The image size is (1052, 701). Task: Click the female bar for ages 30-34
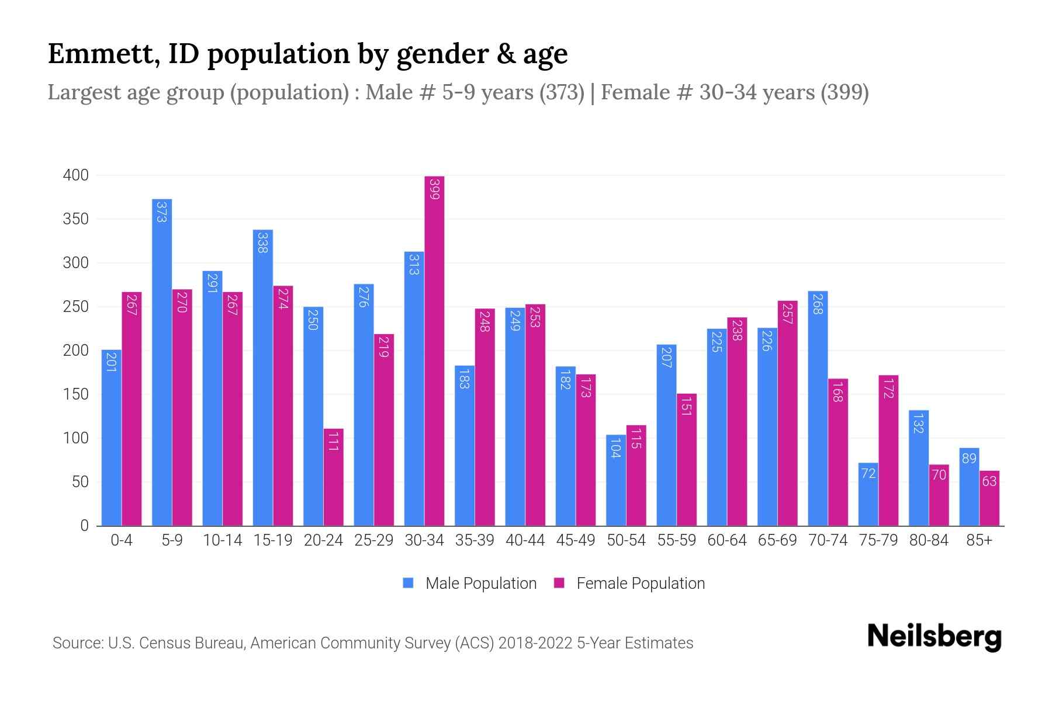[434, 350]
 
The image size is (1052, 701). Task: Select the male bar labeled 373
[162, 362]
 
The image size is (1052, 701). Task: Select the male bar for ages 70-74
[818, 408]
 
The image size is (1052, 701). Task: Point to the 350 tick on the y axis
[76, 219]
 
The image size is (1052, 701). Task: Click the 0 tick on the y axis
[84, 526]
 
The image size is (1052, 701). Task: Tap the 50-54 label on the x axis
[626, 540]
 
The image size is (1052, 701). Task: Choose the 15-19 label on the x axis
[273, 540]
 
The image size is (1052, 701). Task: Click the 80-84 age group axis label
[929, 540]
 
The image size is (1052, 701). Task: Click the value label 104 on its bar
[615, 448]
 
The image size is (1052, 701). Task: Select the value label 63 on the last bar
[989, 481]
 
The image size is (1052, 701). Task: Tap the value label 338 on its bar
[262, 243]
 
